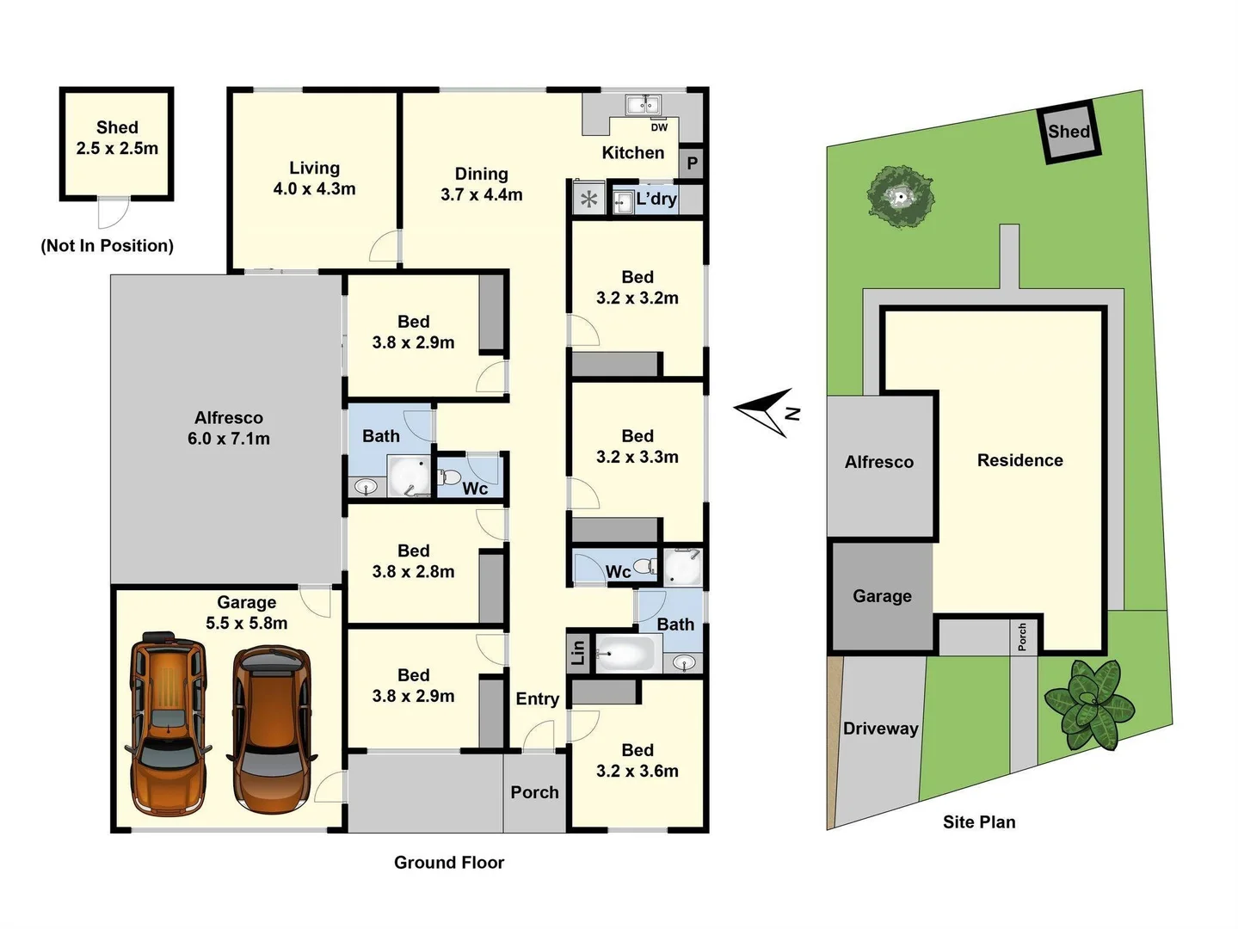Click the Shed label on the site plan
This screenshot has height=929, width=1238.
click(x=1069, y=132)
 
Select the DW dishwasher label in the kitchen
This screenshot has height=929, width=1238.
click(x=659, y=127)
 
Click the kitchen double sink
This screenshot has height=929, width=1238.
click(x=642, y=105)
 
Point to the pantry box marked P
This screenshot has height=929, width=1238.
click(x=693, y=163)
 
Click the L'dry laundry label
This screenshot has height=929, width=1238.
click(x=656, y=200)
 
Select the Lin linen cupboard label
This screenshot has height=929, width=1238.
click(x=578, y=652)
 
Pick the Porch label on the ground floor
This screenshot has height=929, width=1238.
click(x=534, y=792)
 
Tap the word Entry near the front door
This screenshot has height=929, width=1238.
click(x=537, y=699)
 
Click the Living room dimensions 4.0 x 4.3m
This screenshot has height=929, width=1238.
click(x=314, y=189)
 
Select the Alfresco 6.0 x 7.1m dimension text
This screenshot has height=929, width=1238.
click(x=228, y=439)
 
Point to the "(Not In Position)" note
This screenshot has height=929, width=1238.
click(x=107, y=246)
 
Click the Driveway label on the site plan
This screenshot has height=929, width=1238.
click(x=880, y=729)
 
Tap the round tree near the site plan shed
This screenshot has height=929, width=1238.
click(x=900, y=197)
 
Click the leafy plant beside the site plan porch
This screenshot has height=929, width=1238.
click(x=1088, y=703)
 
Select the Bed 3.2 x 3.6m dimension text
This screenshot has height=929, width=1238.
click(x=637, y=772)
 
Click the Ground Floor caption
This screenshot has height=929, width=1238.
click(x=448, y=862)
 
